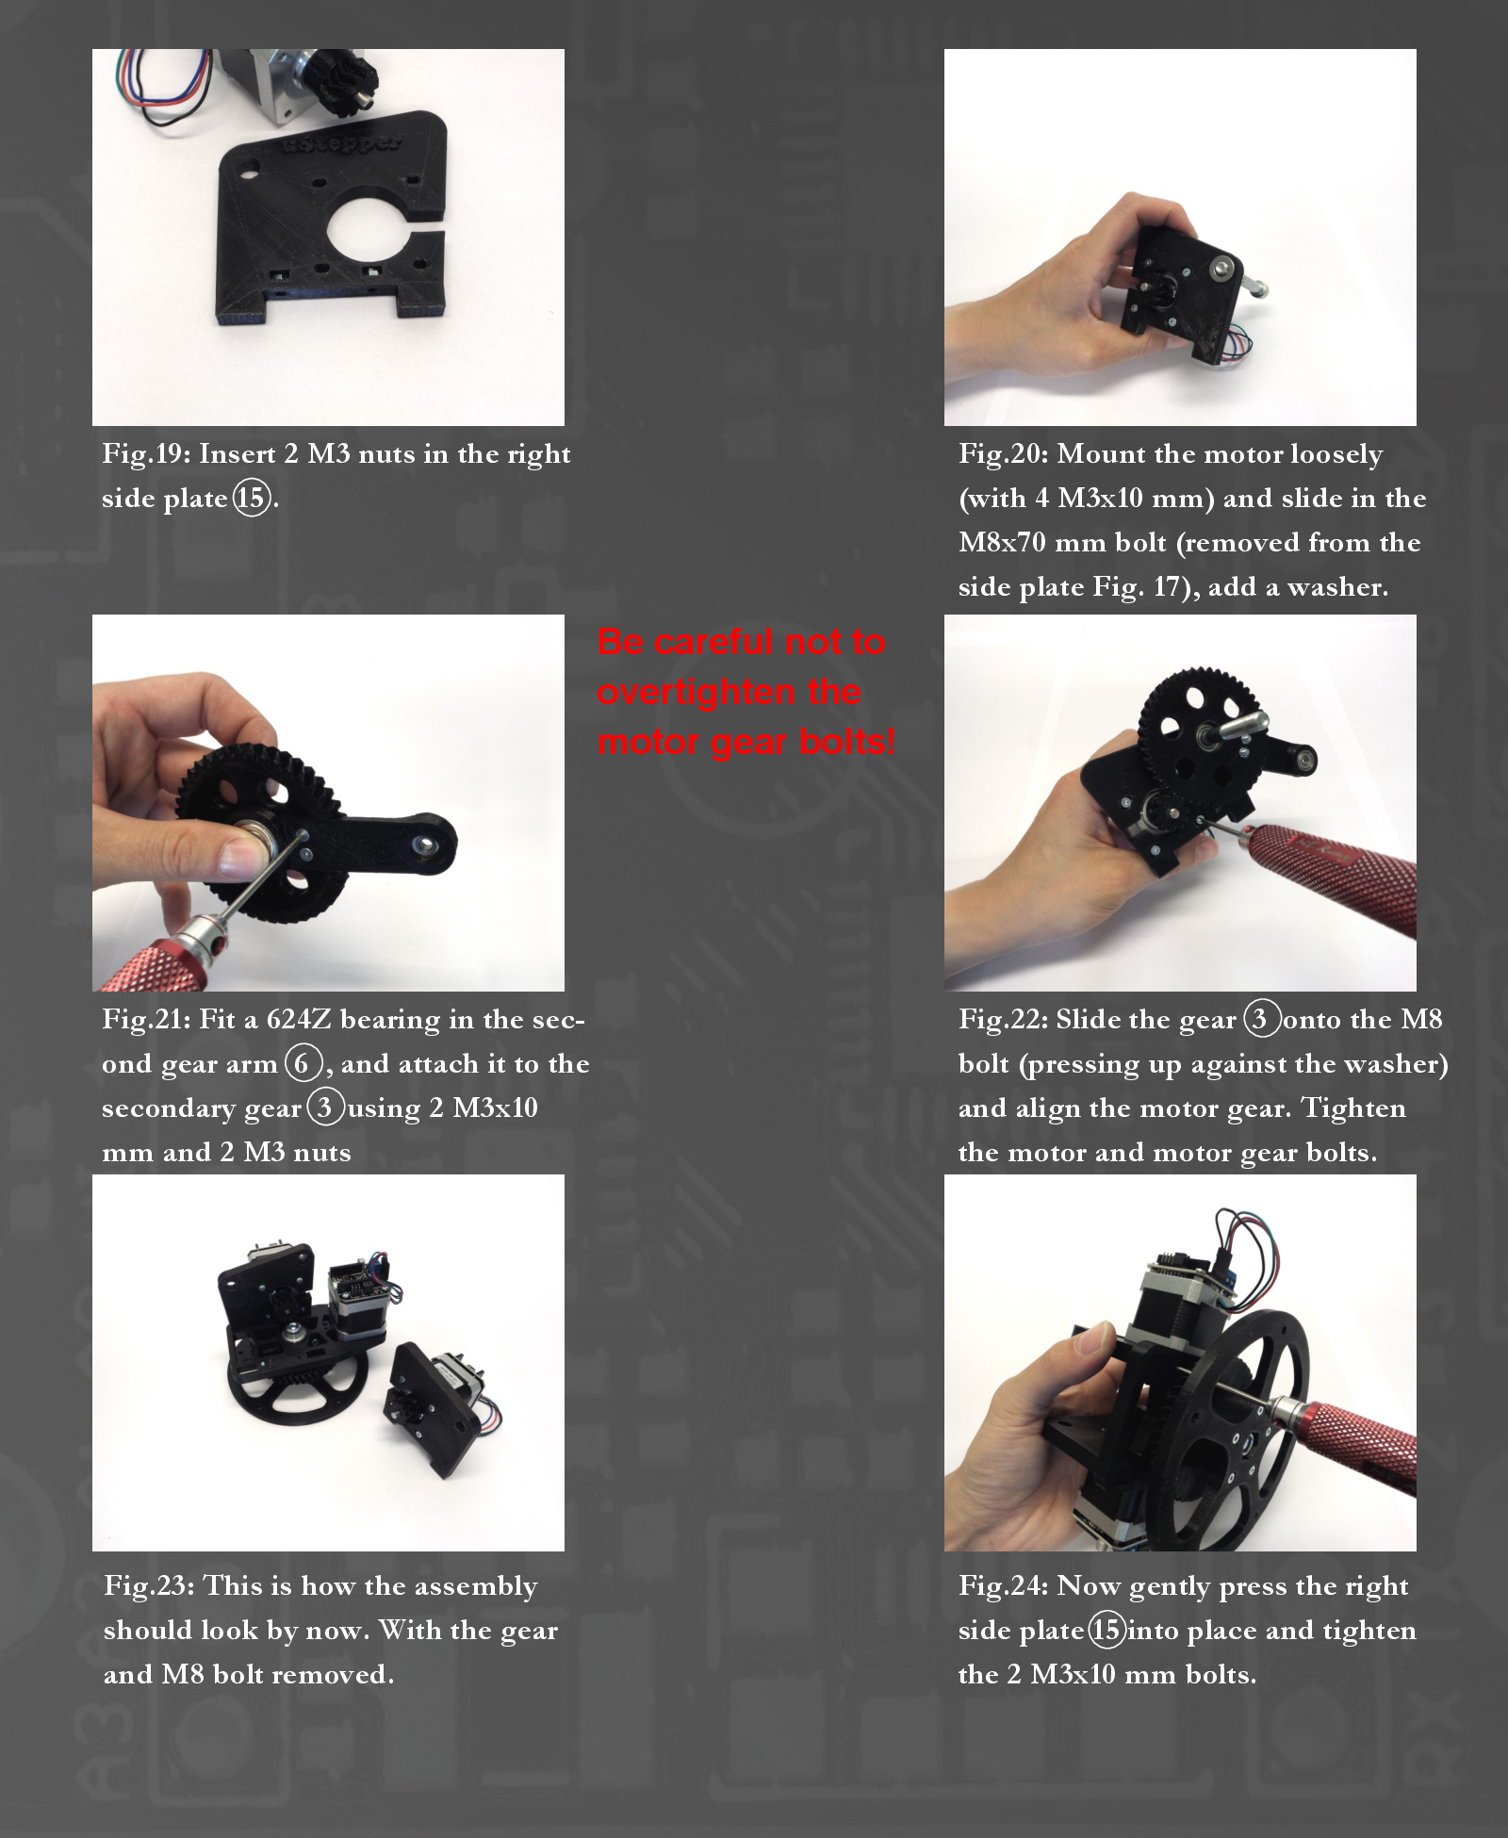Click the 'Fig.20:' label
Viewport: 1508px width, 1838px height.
coord(1003,454)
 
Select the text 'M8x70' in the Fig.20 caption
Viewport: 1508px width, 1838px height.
coord(1004,543)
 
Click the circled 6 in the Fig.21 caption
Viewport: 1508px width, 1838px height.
coord(302,1064)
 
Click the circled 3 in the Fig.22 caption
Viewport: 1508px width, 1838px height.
coord(1260,1020)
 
